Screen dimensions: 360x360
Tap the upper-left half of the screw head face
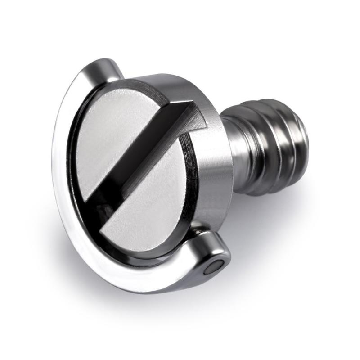pos(112,130)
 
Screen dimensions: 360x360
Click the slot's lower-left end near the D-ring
pos(97,207)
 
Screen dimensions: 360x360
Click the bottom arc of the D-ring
pos(135,279)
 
